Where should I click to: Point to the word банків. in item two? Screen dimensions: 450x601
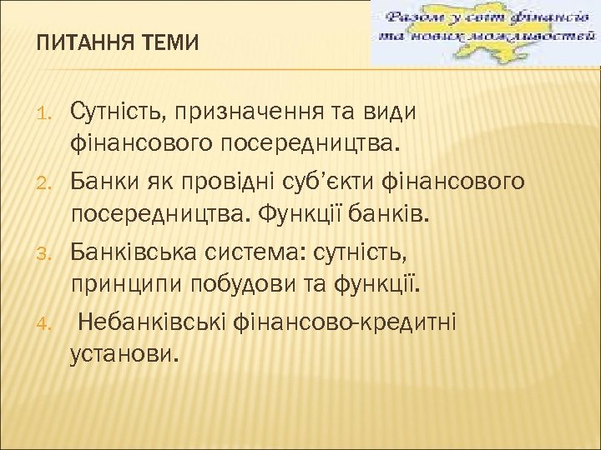pos(389,216)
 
